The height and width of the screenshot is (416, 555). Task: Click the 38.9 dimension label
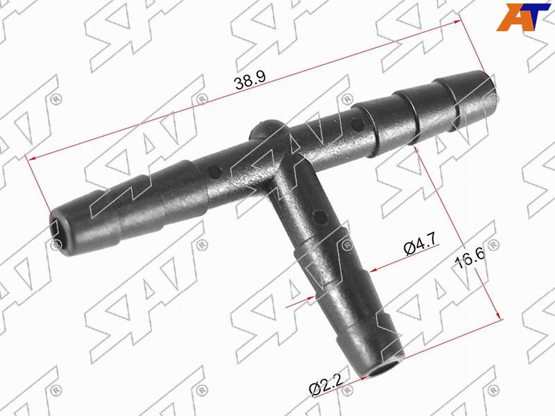(250, 81)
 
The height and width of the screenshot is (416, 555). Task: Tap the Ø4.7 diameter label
(421, 244)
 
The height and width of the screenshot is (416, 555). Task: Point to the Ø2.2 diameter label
(326, 385)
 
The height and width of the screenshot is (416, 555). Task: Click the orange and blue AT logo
(524, 17)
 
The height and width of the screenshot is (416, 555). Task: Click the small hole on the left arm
(214, 172)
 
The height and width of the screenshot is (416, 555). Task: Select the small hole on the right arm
(357, 123)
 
